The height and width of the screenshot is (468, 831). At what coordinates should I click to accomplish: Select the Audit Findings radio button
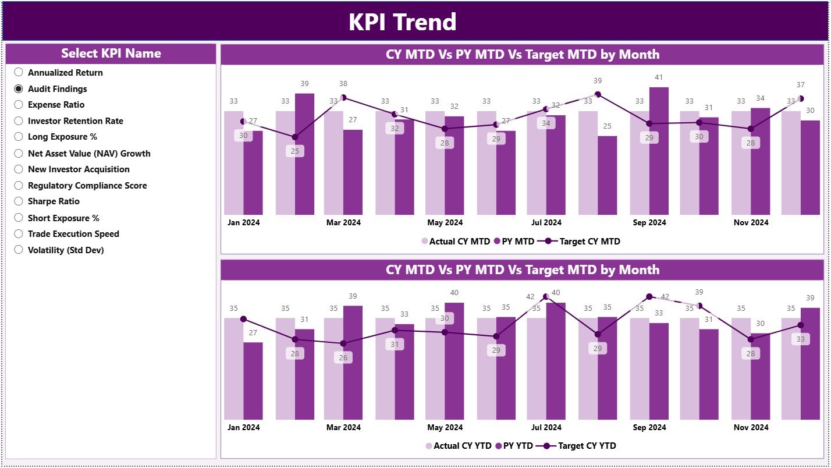(x=19, y=89)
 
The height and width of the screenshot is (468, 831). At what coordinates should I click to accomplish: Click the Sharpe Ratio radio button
(x=19, y=201)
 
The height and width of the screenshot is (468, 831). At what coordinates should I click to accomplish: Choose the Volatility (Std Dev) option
(x=19, y=250)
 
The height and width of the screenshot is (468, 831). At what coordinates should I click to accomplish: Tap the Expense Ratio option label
(x=56, y=105)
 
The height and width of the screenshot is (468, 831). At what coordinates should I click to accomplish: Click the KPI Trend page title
(x=402, y=22)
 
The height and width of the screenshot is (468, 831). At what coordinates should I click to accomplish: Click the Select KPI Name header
(x=111, y=54)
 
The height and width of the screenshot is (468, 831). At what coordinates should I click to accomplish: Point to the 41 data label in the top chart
(x=658, y=77)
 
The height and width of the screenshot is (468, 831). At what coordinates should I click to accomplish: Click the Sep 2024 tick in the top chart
(x=649, y=222)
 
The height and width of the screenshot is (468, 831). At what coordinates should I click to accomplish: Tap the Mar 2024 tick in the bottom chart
(x=343, y=427)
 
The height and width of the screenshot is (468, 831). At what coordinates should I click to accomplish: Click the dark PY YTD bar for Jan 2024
(x=253, y=381)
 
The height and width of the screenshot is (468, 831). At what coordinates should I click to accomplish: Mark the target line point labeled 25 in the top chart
(x=295, y=137)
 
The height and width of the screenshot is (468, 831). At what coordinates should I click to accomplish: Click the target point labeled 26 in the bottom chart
(x=343, y=343)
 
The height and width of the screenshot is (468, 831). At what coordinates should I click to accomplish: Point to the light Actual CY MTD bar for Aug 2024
(x=588, y=163)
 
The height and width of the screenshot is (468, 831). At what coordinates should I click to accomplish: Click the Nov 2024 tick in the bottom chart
(x=751, y=427)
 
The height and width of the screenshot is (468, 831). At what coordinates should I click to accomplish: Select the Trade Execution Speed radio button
(x=19, y=234)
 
